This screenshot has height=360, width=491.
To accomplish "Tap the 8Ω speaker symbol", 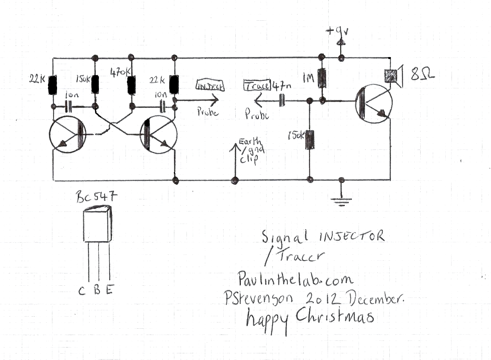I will (x=391, y=76).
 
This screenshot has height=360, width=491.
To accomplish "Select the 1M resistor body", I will (x=322, y=79).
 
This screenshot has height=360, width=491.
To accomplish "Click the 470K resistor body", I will (x=132, y=85).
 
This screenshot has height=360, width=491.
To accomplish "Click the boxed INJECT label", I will (x=210, y=85).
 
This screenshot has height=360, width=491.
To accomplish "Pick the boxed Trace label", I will (x=257, y=85).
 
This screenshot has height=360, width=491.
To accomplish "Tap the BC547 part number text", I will (x=96, y=198).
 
